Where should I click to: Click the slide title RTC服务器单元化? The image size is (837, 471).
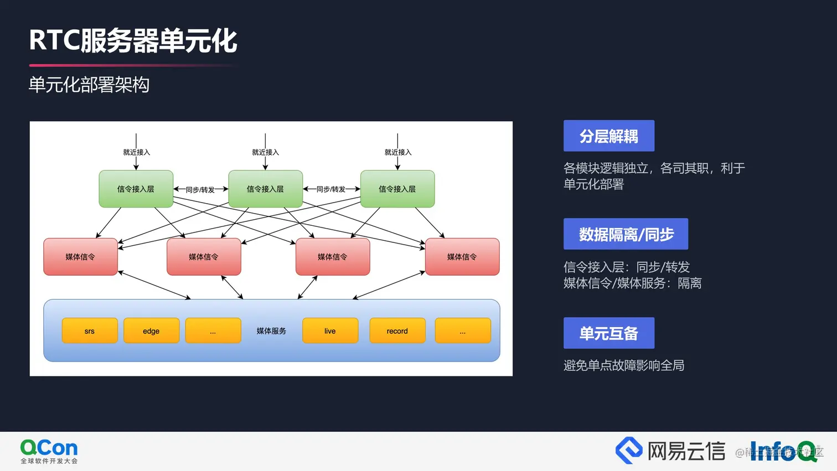coord(133,41)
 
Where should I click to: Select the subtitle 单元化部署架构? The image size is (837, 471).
coord(89,85)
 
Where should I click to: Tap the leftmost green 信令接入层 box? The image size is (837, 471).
coord(136,189)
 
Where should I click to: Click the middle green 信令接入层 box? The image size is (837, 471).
coord(265,189)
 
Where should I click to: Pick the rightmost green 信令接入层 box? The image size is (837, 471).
coord(397,189)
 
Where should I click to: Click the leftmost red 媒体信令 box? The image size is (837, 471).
coord(80,257)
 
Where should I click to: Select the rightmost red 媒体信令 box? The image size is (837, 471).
coord(462,257)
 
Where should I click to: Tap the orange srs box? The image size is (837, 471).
coord(90,331)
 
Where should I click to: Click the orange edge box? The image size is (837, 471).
coord(151,331)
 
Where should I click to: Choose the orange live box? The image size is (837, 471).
coord(330,331)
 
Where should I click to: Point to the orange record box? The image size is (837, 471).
coord(397,331)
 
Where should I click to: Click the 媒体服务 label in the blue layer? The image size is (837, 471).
coord(271,331)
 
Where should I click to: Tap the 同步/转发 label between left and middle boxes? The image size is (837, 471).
coord(200,190)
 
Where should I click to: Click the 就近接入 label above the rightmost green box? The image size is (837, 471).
coord(398,152)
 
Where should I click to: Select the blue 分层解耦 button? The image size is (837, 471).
coord(608,136)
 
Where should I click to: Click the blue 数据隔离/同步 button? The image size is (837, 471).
coord(626,234)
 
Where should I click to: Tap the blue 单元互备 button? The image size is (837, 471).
coord(608,333)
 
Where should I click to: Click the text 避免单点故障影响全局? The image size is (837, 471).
coord(624,365)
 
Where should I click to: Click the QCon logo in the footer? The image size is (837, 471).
coord(49,451)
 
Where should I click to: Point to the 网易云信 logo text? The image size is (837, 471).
coord(686,451)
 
